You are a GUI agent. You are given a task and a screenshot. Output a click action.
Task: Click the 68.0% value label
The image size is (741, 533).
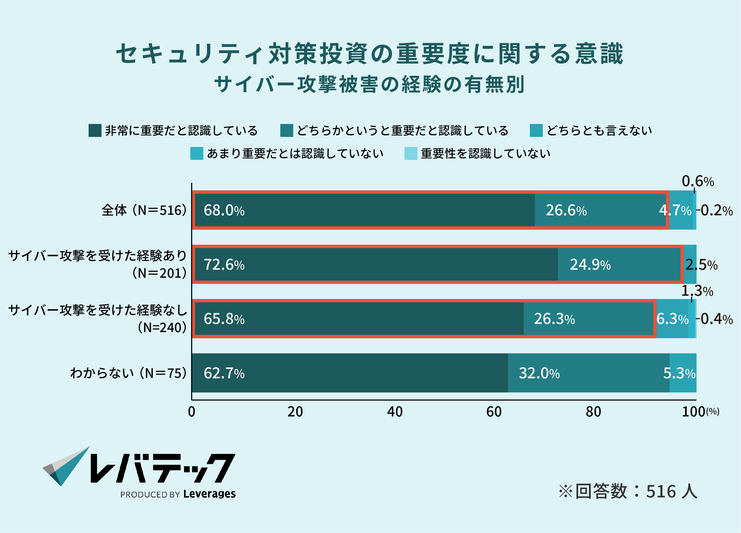[x=224, y=210]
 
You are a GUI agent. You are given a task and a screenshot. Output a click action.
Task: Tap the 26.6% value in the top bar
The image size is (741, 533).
[x=566, y=210]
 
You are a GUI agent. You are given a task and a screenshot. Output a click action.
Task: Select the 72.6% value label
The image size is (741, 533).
[x=224, y=265]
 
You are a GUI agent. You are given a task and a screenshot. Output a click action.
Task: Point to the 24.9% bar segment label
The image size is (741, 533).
[x=590, y=265]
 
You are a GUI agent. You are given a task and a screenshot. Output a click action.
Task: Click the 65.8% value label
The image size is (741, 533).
[x=224, y=319]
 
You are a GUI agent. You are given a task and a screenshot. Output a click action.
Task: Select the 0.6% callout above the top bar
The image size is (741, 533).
[x=697, y=181]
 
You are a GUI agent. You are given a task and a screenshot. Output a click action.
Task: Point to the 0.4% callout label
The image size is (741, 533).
[x=717, y=319]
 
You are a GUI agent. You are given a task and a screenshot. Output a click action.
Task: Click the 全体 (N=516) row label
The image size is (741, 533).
[x=144, y=210]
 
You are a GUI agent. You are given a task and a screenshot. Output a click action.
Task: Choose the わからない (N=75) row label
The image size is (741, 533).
[x=128, y=373]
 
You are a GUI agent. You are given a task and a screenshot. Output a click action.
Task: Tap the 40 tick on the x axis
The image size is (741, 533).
[x=395, y=412]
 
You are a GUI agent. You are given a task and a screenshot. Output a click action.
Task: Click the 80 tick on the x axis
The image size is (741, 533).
[x=593, y=412]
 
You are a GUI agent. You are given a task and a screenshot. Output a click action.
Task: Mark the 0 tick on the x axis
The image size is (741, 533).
[x=192, y=412]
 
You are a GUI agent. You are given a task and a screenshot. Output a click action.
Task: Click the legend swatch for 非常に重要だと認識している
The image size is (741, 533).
[x=95, y=130]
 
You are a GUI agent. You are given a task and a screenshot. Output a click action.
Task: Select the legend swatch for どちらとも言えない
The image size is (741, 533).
[x=536, y=130]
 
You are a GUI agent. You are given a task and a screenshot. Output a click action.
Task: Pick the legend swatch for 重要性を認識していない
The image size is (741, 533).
[x=411, y=153]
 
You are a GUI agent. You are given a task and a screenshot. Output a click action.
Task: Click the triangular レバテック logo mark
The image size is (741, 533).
[x=66, y=466]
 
